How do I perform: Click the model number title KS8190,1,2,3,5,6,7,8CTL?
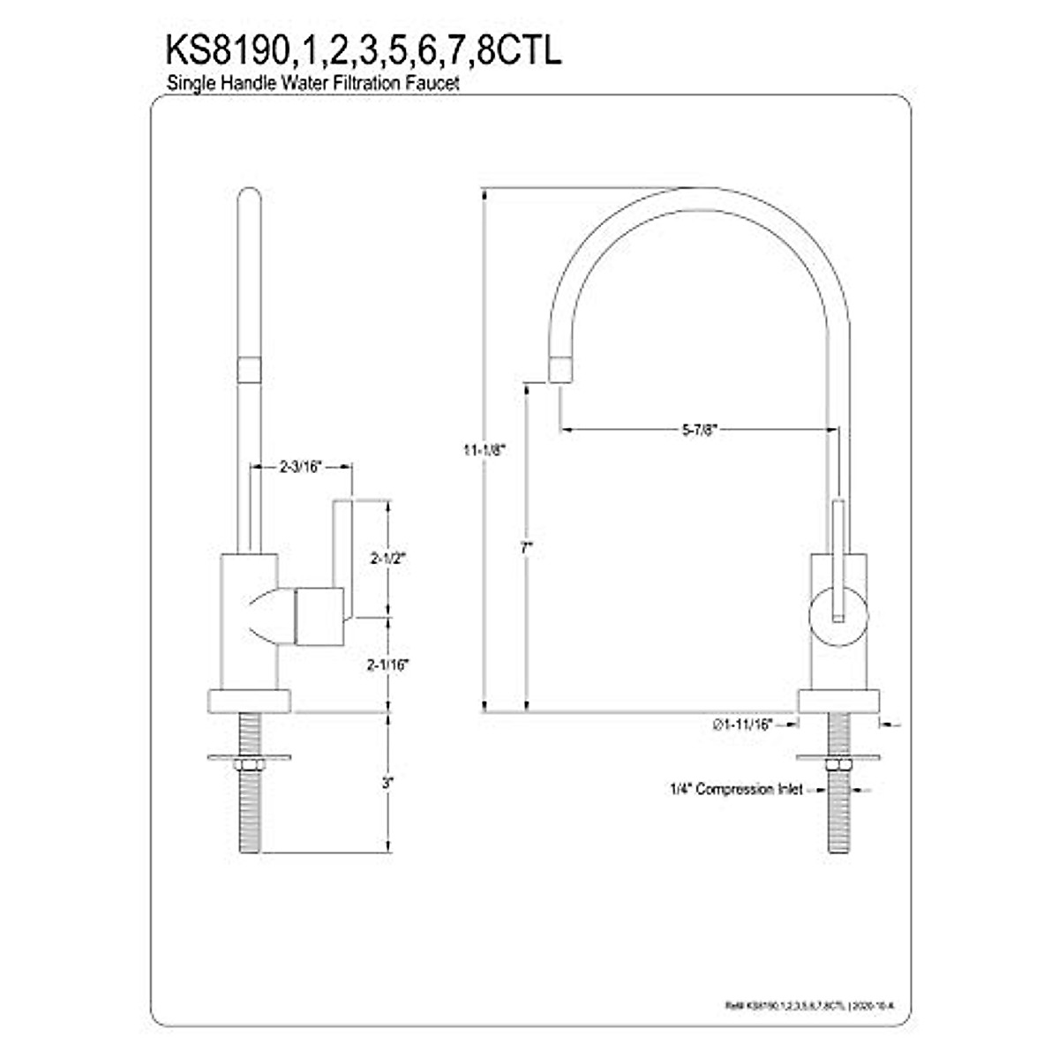pyautogui.click(x=363, y=51)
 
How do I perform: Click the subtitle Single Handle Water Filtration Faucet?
pyautogui.click(x=314, y=83)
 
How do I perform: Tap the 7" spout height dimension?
pyautogui.click(x=526, y=547)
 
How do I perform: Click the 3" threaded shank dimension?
pyautogui.click(x=387, y=782)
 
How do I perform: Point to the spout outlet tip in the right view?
pyautogui.click(x=561, y=370)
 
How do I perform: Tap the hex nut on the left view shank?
pyautogui.click(x=247, y=762)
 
